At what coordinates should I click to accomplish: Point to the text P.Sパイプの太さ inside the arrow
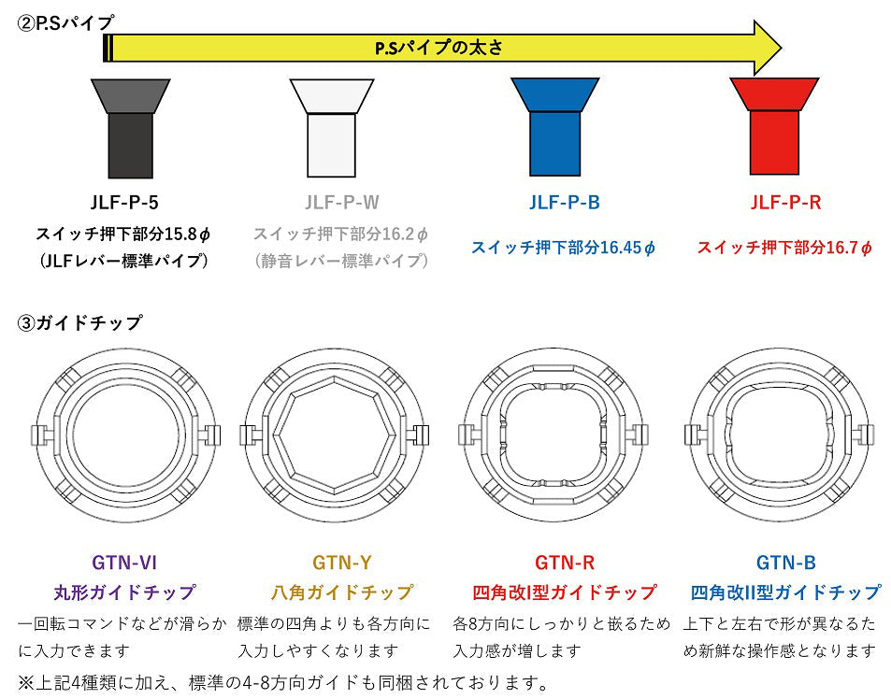click(438, 47)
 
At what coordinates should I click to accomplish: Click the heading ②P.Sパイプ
click(66, 21)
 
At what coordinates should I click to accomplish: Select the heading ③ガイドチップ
click(80, 323)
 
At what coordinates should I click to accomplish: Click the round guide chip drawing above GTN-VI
click(124, 435)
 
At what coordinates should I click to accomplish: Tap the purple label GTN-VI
click(124, 563)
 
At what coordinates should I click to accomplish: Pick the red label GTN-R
click(565, 563)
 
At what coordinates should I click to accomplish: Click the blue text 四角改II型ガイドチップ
click(785, 592)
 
